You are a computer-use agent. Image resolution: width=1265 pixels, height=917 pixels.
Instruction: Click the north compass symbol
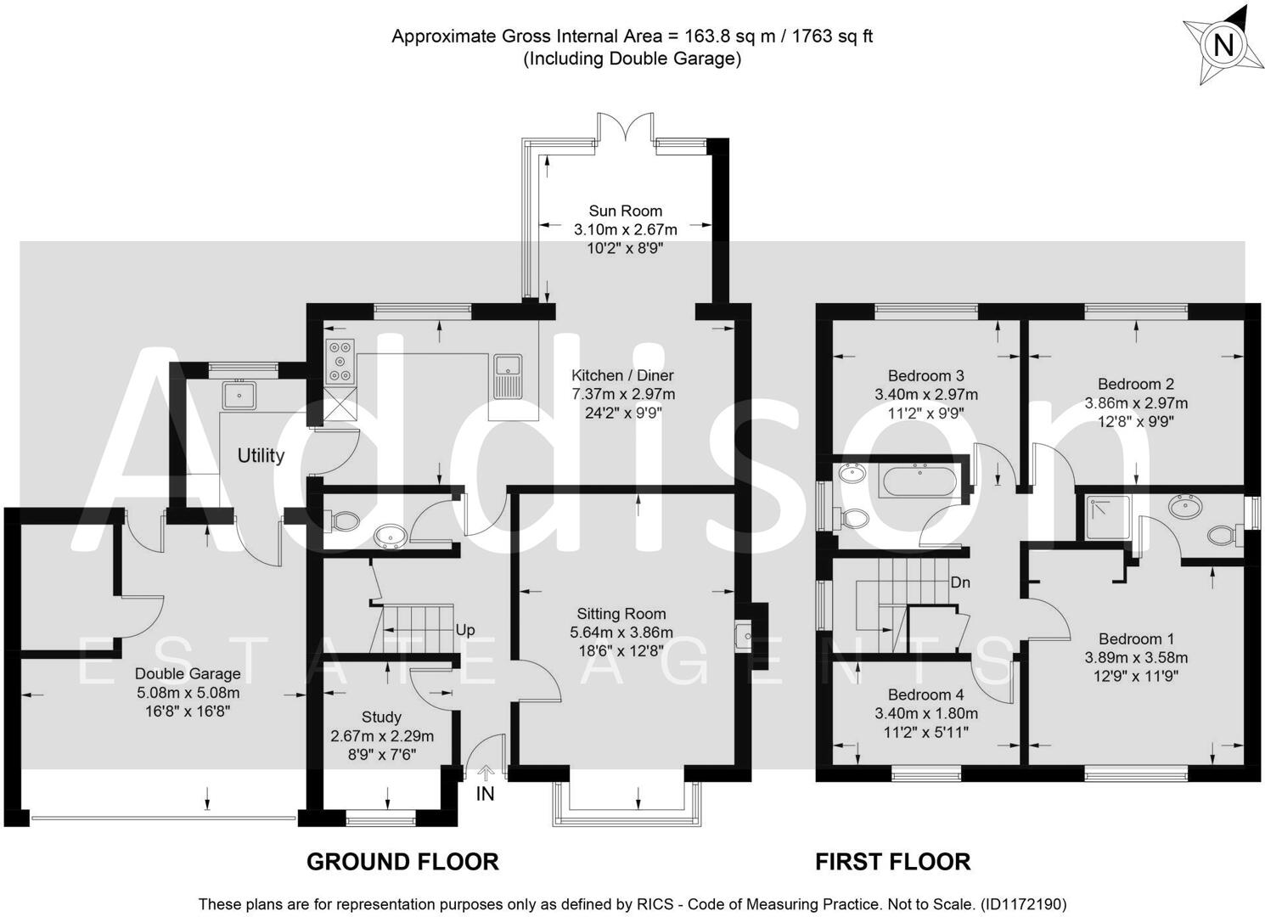[1222, 44]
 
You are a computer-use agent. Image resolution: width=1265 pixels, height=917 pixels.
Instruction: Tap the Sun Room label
[625, 211]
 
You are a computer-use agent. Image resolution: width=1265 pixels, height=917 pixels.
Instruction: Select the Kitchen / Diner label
[622, 375]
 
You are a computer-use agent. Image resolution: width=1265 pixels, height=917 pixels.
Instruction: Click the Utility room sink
[239, 395]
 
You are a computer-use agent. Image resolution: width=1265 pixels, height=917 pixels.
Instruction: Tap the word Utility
[261, 456]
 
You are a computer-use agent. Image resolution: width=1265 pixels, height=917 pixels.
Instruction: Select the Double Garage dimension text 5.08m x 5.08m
[188, 693]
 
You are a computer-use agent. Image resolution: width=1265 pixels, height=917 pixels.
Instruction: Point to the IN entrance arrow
[486, 773]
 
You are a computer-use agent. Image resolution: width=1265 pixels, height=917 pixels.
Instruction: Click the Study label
[381, 717]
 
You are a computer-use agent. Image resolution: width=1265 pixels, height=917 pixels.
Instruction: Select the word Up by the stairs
[465, 630]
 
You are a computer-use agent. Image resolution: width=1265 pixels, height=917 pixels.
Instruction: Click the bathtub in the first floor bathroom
[920, 481]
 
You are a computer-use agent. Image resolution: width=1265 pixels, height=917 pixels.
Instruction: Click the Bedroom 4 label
[925, 695]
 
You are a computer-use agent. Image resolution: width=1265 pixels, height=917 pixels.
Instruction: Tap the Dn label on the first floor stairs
[960, 582]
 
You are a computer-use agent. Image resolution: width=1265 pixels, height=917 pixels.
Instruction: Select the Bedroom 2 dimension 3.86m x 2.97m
[1136, 402]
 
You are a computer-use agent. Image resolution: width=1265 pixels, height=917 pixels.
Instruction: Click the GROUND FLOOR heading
[402, 862]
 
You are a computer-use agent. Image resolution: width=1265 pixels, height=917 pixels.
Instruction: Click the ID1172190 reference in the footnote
[1023, 904]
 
